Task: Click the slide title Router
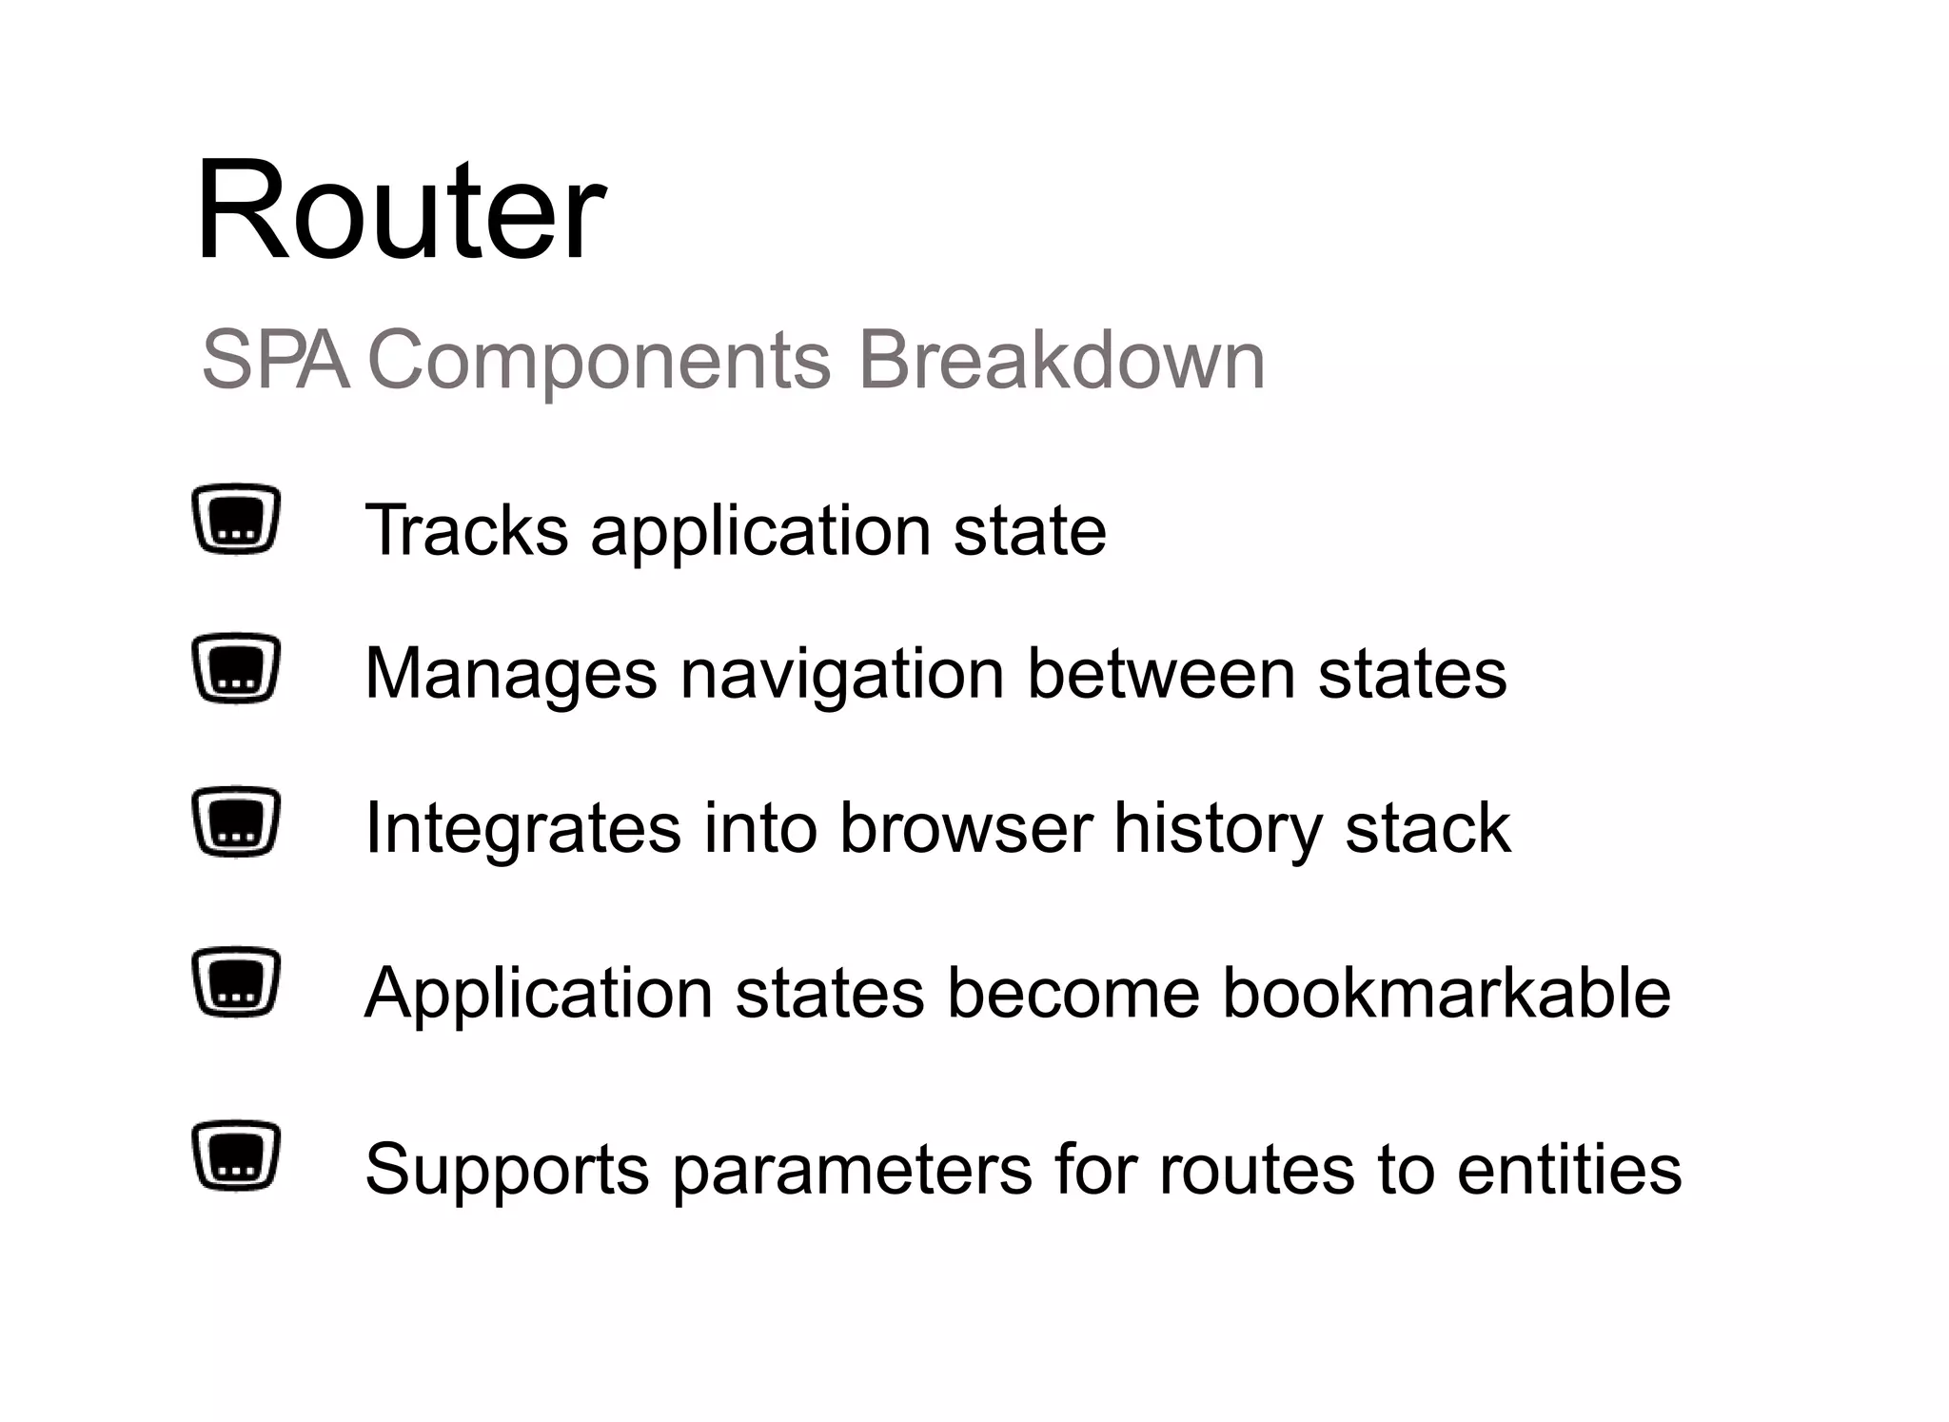(400, 211)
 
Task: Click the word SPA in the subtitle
(275, 360)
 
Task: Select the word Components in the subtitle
(600, 362)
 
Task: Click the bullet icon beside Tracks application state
(236, 520)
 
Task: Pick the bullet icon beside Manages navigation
(236, 668)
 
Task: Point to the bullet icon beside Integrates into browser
(236, 822)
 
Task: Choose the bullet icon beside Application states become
(236, 982)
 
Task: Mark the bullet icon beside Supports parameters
(236, 1155)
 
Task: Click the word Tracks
(466, 530)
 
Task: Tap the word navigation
(842, 674)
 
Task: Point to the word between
(1161, 674)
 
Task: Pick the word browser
(966, 828)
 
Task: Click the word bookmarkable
(1447, 993)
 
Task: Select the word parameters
(852, 1171)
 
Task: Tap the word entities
(1569, 1169)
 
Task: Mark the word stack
(1427, 828)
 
